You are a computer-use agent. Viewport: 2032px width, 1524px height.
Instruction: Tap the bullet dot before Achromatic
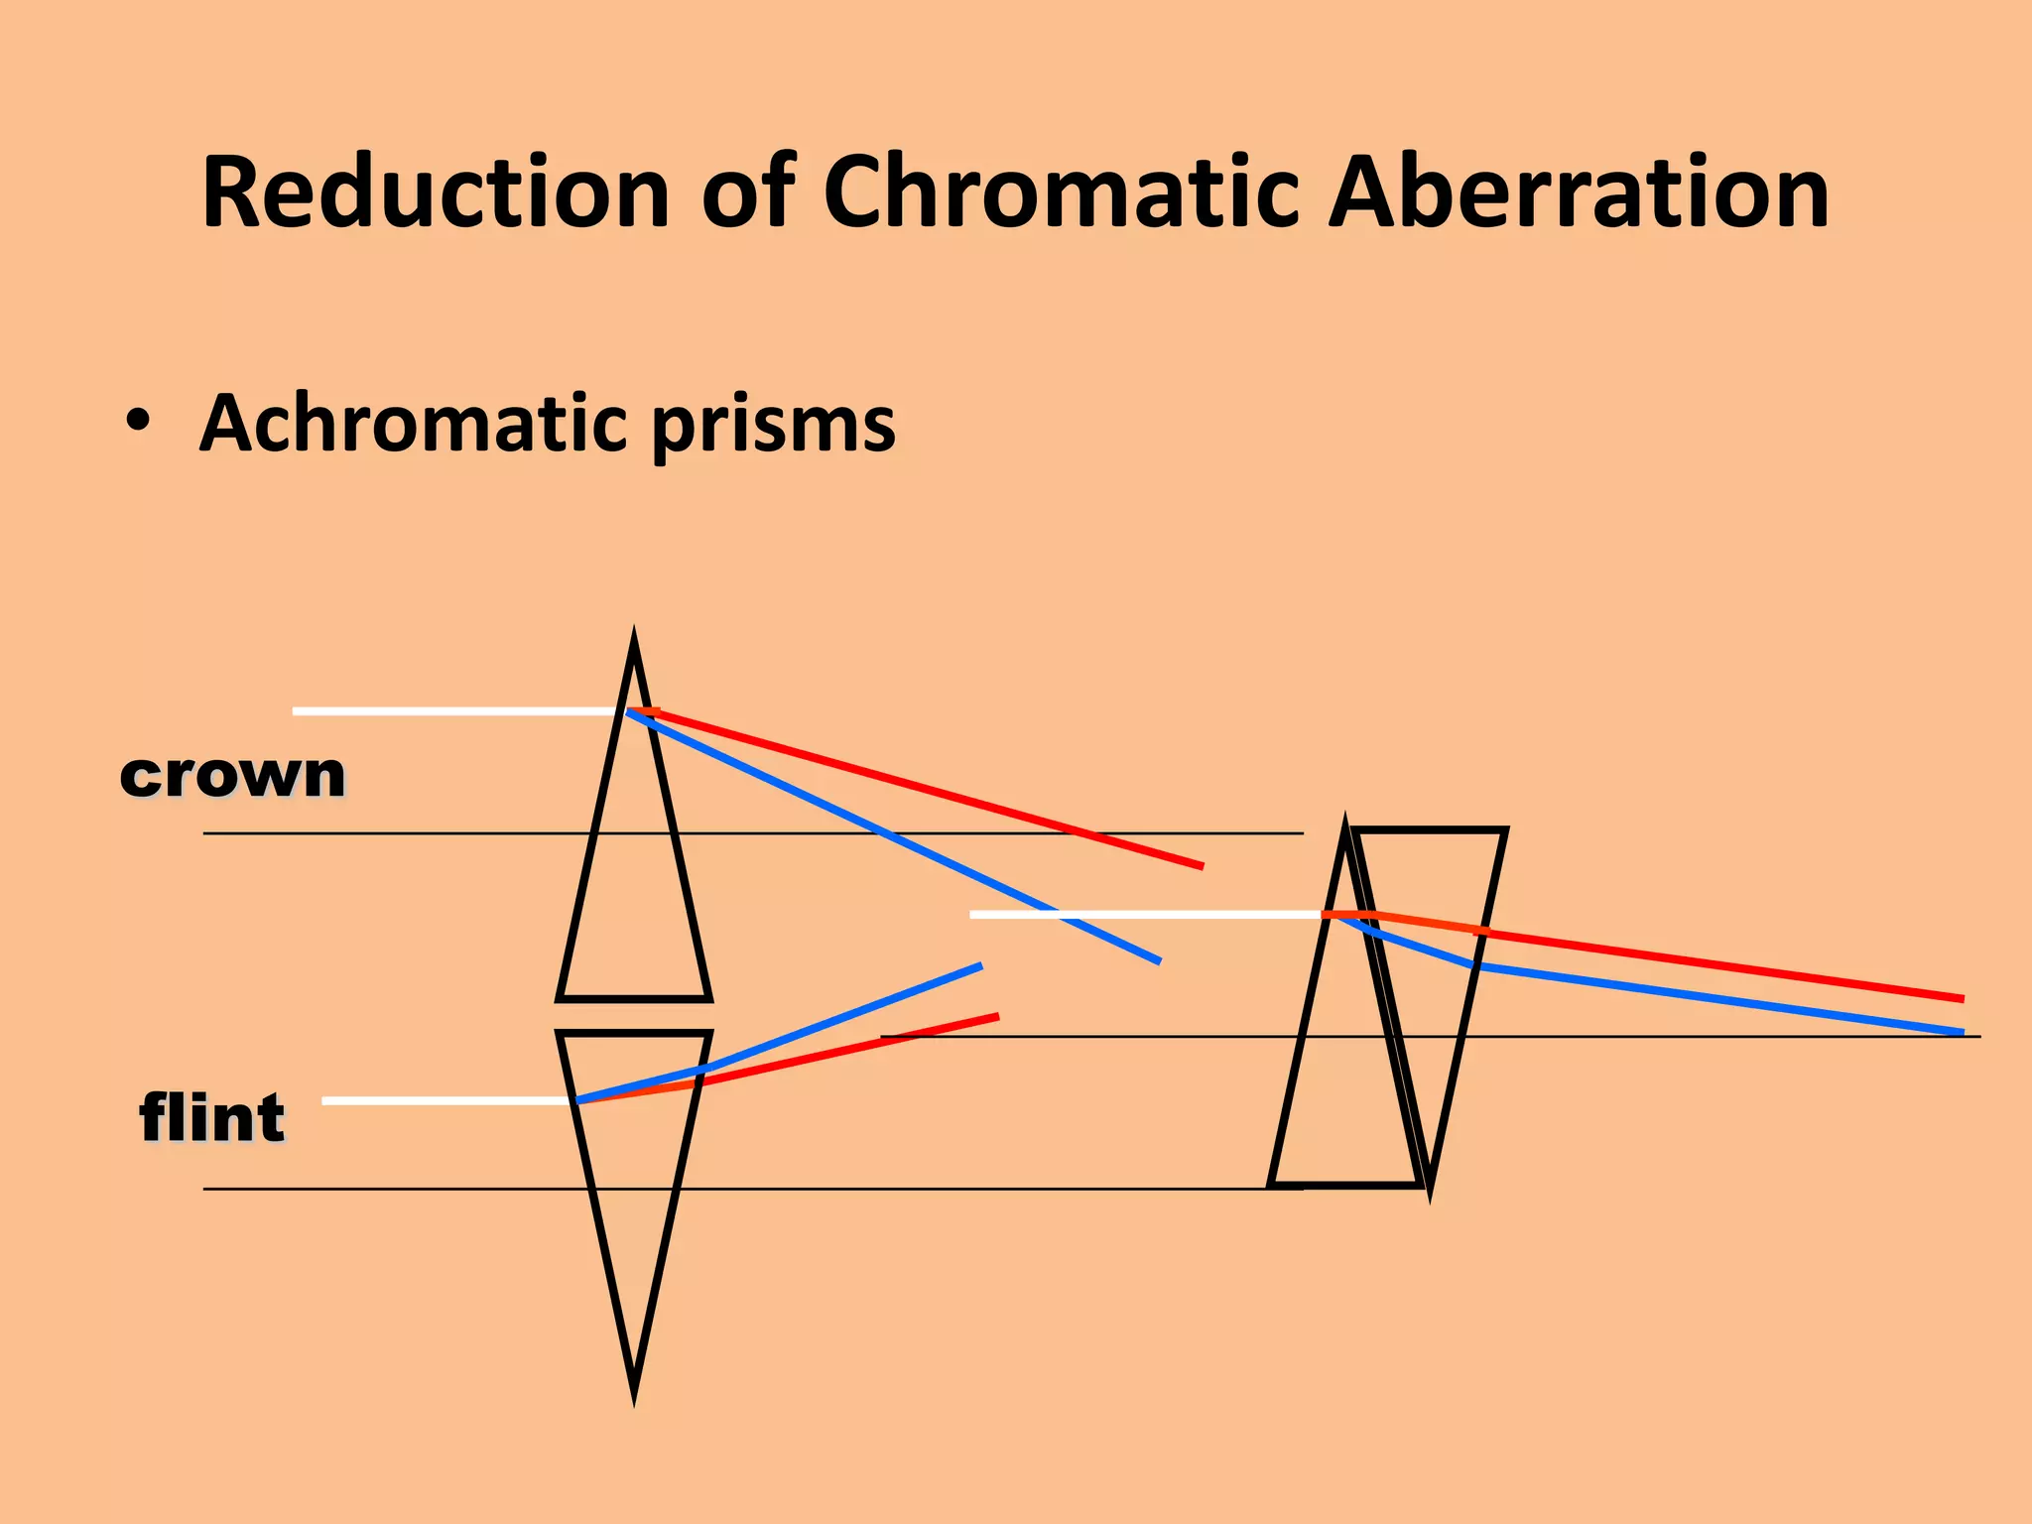pos(139,422)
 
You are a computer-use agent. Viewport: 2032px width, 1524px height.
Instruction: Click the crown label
pos(232,774)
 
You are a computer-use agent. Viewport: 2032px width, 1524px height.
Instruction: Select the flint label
pos(212,1117)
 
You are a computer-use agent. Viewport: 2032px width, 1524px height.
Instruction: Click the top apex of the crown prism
pos(634,636)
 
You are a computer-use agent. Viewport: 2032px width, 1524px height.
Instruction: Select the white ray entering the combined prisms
pos(1141,914)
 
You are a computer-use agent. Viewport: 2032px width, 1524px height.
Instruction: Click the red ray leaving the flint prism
pos(853,1049)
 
